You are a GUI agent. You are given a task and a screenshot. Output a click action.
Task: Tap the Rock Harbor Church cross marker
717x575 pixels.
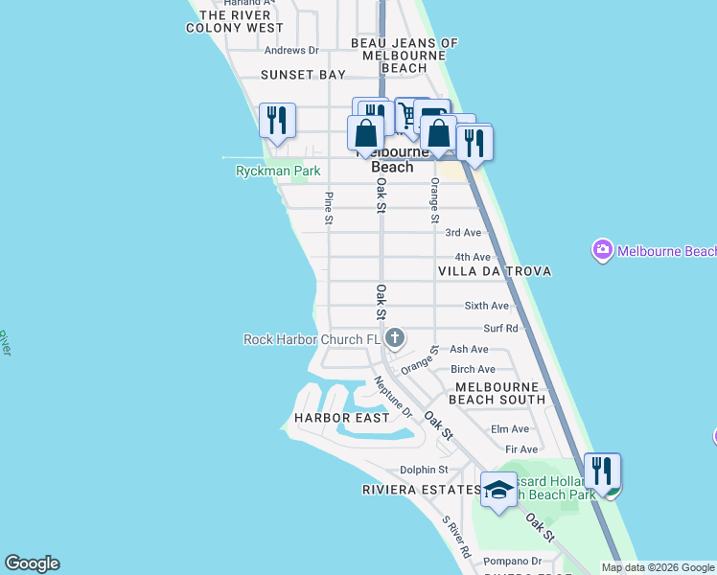pos(396,338)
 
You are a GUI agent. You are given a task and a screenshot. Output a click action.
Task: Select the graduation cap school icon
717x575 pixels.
pos(498,491)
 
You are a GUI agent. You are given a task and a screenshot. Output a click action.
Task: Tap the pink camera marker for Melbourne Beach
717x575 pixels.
pos(603,251)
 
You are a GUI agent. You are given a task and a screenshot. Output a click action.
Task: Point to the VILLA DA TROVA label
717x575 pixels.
pos(495,271)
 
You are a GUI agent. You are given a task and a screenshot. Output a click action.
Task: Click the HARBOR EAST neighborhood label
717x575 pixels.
pos(342,418)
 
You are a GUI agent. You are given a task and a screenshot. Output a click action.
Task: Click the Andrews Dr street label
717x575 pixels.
pos(291,51)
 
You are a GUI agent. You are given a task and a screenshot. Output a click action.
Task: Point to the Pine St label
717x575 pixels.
pos(329,208)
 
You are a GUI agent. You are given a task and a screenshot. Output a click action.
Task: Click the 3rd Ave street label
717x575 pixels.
pos(463,233)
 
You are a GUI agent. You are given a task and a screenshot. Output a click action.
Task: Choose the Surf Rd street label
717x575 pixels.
pos(500,328)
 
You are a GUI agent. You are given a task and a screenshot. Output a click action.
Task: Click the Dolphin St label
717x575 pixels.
pos(423,470)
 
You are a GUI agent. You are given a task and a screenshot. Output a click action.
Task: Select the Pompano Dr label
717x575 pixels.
pos(512,561)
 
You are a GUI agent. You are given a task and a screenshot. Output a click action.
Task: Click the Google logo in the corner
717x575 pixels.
pos(32,563)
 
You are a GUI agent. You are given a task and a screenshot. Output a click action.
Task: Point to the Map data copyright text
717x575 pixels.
pos(658,567)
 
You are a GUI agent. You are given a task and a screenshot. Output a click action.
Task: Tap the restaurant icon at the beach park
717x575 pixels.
pos(602,471)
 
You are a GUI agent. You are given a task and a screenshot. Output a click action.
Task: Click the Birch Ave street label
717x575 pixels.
pos(473,369)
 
